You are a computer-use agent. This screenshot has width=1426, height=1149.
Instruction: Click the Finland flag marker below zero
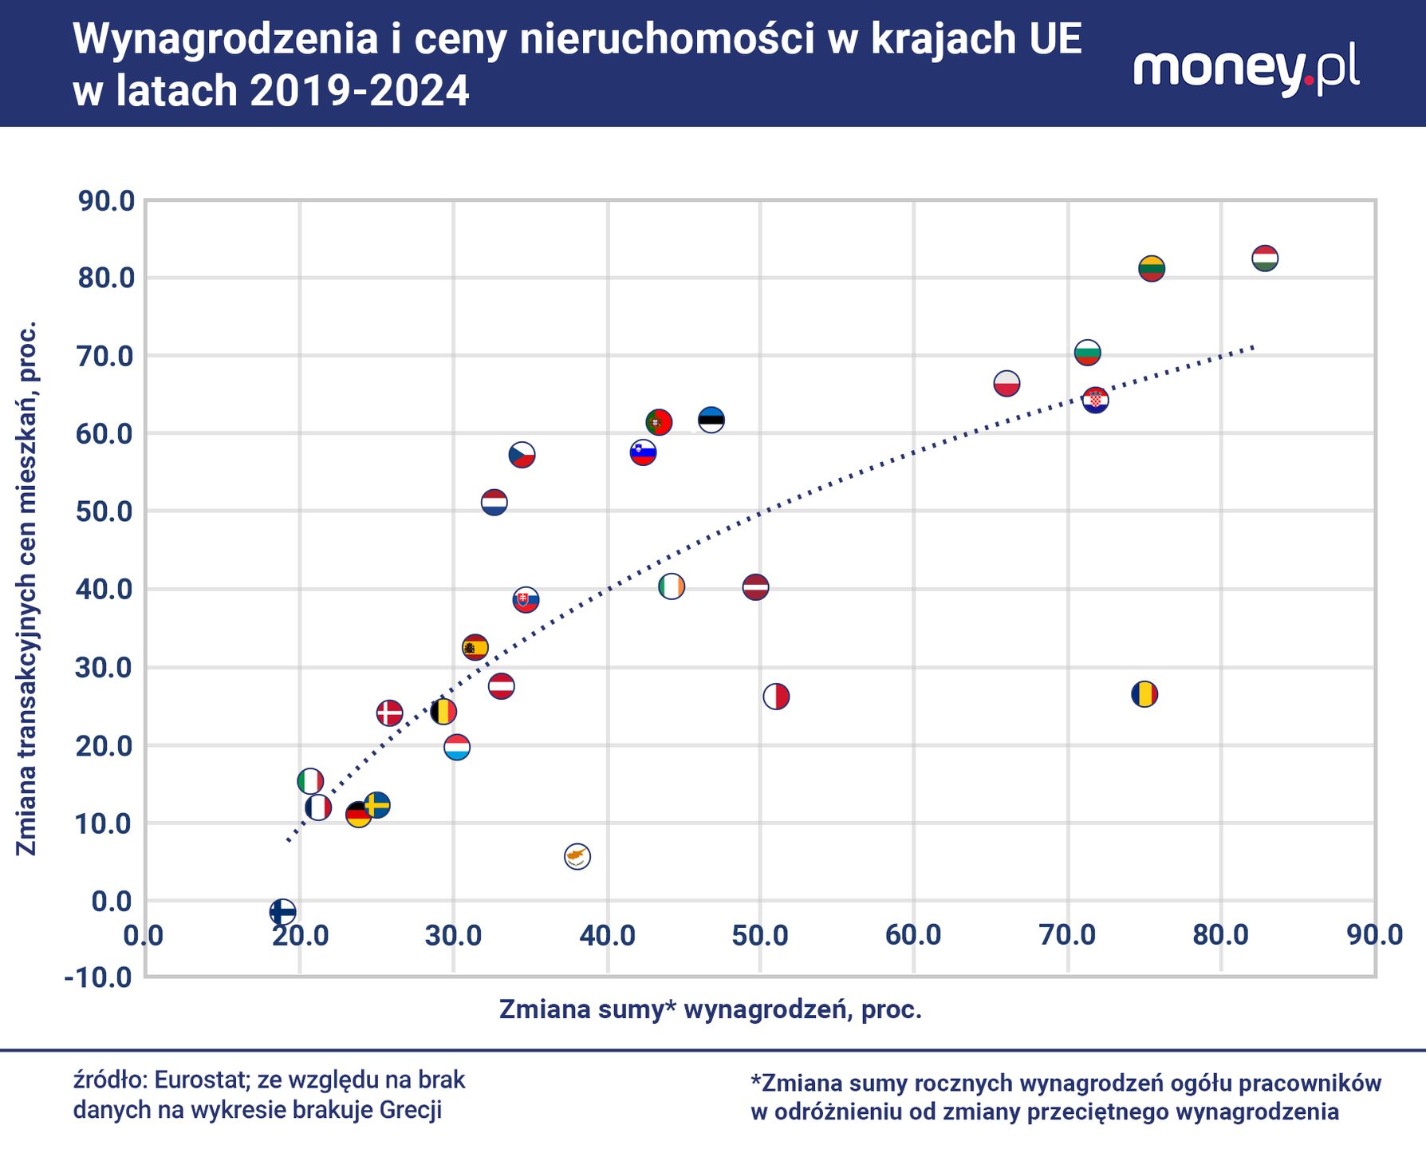pos(282,911)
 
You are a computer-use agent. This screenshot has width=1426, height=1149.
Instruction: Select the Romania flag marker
pos(1144,694)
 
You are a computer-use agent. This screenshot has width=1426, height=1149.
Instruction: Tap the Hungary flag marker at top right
pos(1265,259)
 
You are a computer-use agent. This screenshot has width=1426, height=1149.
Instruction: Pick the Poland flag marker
pos(1006,384)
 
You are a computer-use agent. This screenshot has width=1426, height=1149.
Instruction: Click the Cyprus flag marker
pos(577,856)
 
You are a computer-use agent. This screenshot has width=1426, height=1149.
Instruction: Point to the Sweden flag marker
pos(377,805)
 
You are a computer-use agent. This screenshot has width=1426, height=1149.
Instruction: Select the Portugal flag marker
pos(659,422)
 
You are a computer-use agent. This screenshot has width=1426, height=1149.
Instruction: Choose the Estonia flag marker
pos(711,420)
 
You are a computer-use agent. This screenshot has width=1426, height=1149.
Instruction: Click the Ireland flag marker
pos(672,587)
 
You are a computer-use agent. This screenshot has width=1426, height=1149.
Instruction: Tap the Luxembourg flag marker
pos(456,748)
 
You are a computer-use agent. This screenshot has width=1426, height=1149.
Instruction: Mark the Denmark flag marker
pos(389,713)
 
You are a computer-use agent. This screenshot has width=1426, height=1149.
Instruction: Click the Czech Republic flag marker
pos(522,456)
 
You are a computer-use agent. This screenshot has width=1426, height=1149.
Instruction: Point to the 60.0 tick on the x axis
pos(914,935)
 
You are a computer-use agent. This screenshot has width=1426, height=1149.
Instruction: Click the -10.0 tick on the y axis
pos(99,977)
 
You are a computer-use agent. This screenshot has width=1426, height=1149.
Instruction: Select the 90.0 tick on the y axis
pos(105,201)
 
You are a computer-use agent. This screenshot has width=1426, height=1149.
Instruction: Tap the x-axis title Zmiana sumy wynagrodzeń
pos(710,1010)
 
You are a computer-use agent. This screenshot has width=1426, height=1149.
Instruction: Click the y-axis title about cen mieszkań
pos(27,588)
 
